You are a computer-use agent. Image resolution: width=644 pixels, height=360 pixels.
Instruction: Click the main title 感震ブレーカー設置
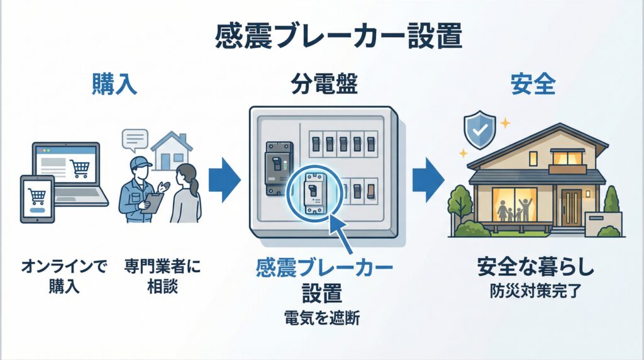point(321,37)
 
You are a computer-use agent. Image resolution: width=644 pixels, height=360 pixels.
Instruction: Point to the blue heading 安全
point(533,84)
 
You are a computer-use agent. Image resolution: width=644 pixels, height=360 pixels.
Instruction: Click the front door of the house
point(572,207)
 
